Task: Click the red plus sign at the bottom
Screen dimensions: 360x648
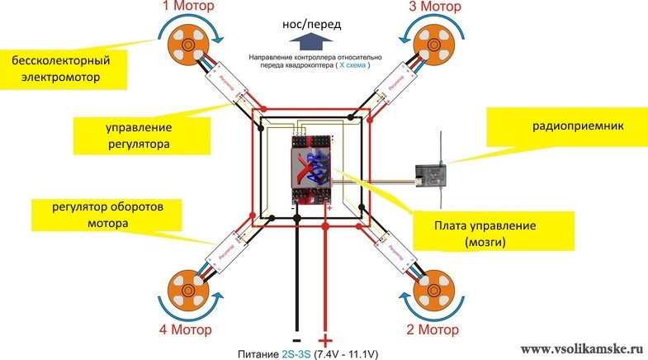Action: point(325,340)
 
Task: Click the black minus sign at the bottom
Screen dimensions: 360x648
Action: point(296,339)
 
